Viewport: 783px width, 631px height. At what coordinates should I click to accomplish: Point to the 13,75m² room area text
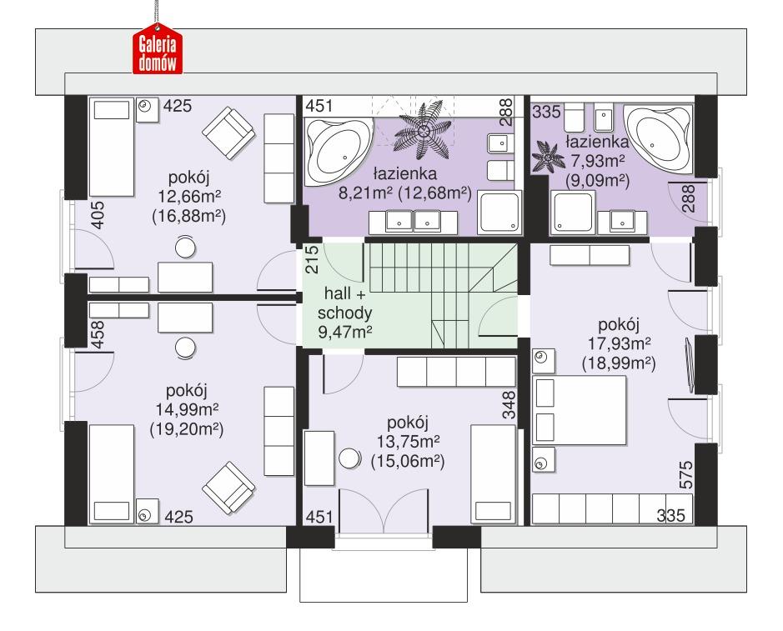pyautogui.click(x=408, y=442)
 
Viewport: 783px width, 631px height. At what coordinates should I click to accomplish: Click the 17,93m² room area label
pyautogui.click(x=616, y=343)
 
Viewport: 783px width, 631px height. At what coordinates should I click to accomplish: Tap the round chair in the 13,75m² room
pyautogui.click(x=349, y=457)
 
